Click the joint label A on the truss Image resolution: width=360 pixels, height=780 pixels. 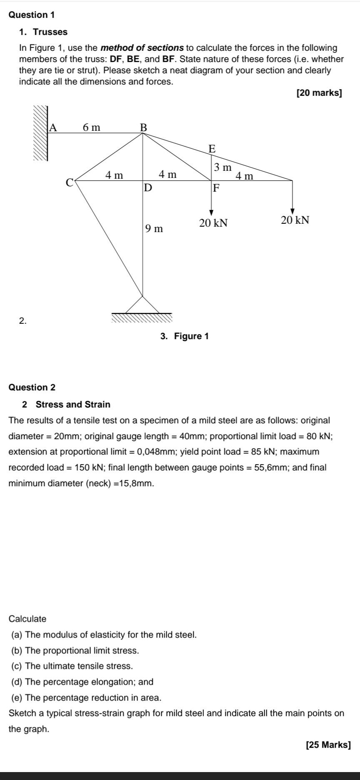[53, 127]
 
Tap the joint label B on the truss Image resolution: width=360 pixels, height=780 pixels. [143, 127]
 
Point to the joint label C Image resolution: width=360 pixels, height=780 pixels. [70, 182]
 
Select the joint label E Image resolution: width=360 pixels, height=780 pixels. [212, 149]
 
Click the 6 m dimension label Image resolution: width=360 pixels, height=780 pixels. [92, 127]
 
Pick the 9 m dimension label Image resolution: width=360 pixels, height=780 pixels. [154, 228]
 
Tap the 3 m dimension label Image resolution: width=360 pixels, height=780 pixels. [222, 167]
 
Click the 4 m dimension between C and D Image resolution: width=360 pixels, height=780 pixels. [114, 175]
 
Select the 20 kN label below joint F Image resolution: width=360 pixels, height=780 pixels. [213, 223]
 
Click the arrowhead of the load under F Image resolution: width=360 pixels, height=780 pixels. [212, 212]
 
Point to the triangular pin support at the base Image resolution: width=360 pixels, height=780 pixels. [142, 305]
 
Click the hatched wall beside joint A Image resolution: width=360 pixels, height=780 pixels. [41, 133]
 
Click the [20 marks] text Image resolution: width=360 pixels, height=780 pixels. [319, 93]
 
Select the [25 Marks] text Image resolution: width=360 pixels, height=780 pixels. [328, 745]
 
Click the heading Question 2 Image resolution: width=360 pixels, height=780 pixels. [32, 387]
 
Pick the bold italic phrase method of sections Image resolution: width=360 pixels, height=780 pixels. [142, 48]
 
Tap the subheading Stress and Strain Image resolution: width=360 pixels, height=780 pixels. [73, 405]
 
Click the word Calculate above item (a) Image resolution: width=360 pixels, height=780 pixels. [27, 619]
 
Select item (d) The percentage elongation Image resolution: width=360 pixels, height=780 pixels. [82, 682]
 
